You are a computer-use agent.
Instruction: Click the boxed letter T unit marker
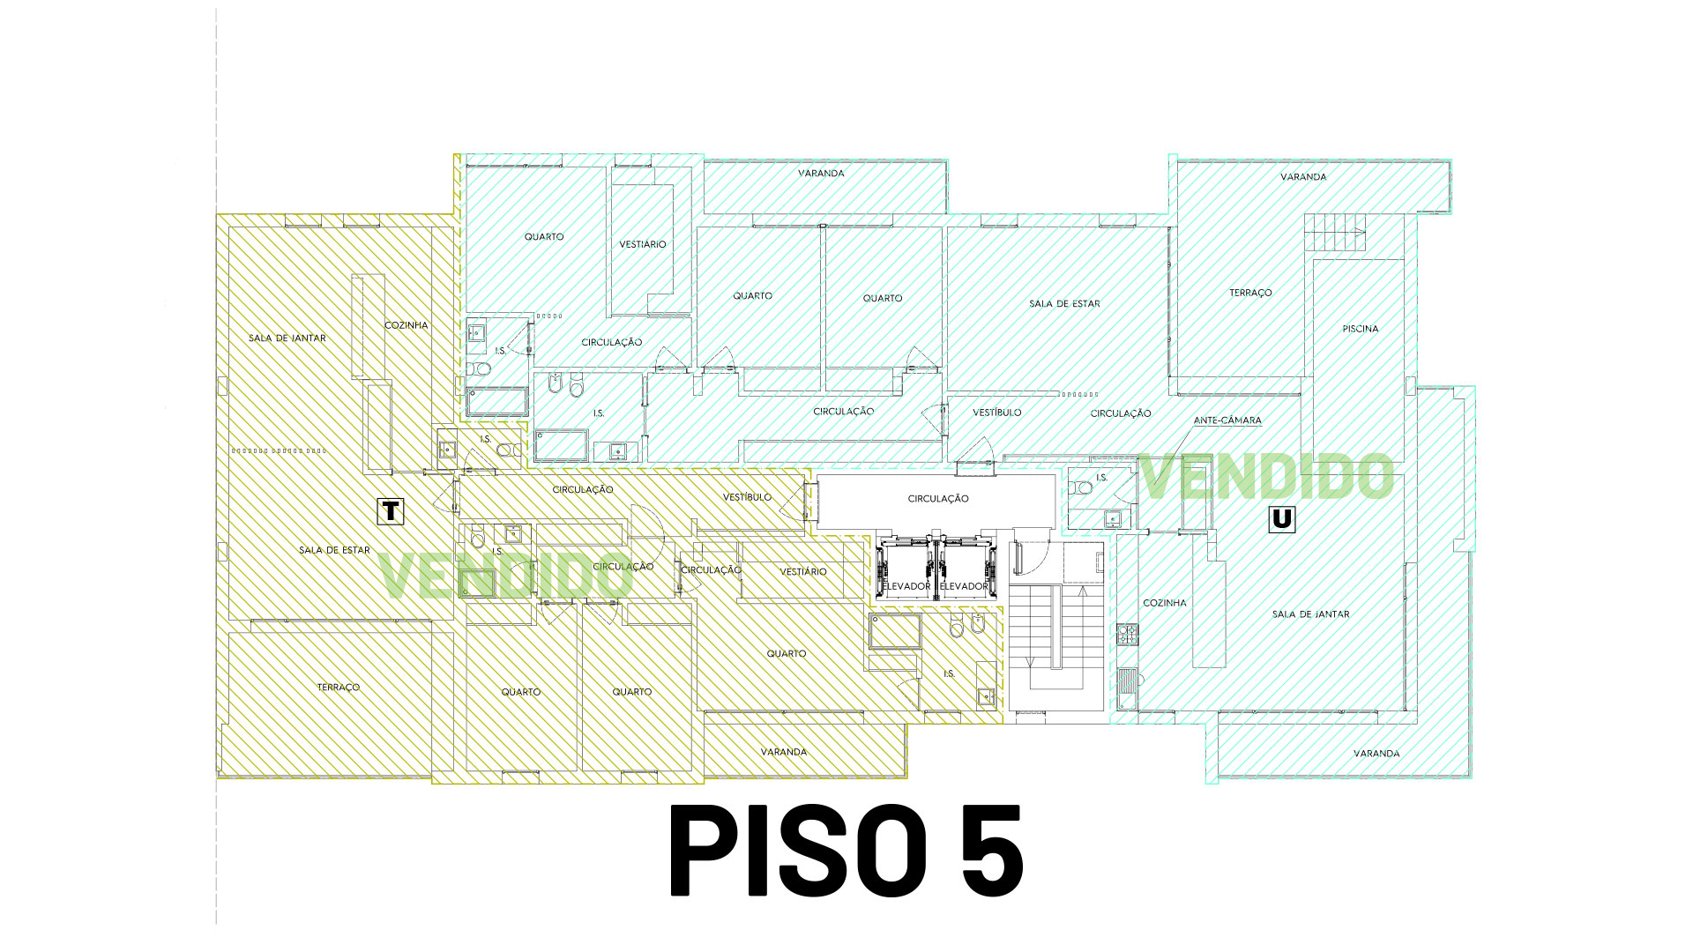[x=391, y=511]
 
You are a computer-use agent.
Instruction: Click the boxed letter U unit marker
[x=1282, y=519]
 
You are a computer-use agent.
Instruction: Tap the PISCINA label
[x=1360, y=329]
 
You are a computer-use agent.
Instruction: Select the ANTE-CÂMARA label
[x=1227, y=420]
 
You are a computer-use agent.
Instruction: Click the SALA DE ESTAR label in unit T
[x=334, y=550]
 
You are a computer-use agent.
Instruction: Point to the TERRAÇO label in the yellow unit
[x=339, y=688]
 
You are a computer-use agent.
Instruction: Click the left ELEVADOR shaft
[x=906, y=569]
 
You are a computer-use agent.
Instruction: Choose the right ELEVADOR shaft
[x=964, y=569]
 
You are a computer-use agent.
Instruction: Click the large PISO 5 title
[x=846, y=851]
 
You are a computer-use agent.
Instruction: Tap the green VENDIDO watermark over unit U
[x=1267, y=477]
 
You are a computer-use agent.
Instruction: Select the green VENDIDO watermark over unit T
[x=504, y=576]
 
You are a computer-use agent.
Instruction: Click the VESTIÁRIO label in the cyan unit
[x=642, y=244]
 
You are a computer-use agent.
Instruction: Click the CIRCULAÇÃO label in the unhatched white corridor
[x=938, y=499]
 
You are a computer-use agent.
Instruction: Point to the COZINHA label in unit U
[x=1164, y=603]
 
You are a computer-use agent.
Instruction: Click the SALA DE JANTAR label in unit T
[x=287, y=338]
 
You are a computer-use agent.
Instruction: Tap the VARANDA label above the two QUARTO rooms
[x=821, y=174]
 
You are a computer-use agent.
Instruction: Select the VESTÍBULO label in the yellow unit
[x=747, y=497]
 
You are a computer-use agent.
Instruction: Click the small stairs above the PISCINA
[x=1334, y=233]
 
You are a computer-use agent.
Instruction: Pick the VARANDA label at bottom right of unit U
[x=1376, y=754]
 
